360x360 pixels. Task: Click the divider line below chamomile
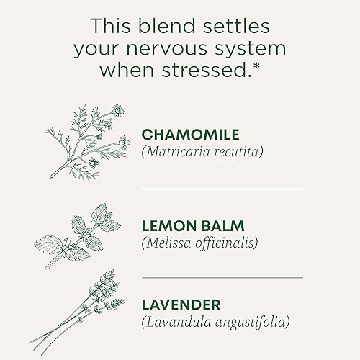click(x=222, y=189)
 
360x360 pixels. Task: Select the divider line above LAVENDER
click(x=222, y=277)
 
